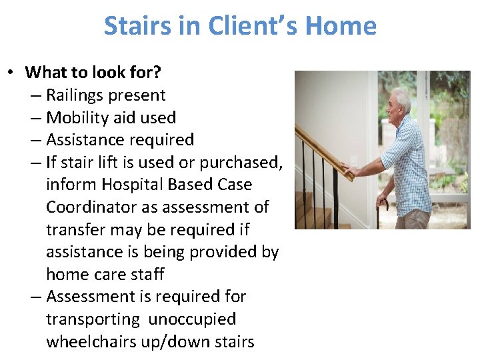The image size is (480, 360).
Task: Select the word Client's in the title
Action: tap(253, 26)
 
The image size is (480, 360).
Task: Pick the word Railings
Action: tap(79, 95)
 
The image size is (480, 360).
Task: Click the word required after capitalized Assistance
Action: tap(159, 140)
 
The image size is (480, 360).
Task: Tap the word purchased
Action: tap(246, 162)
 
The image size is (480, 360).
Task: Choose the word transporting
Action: tap(93, 319)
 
